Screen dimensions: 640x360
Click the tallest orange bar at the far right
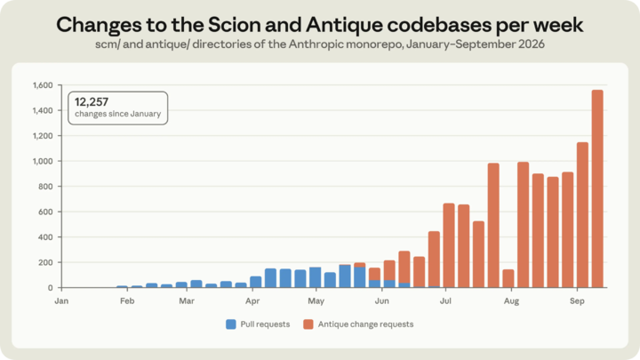point(597,188)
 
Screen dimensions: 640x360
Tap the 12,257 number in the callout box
point(92,101)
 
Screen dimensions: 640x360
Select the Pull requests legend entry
point(258,324)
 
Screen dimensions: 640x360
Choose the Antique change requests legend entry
point(358,324)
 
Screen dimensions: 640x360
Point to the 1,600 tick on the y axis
point(43,85)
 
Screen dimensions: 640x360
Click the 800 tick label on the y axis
point(46,187)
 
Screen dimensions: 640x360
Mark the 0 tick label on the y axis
point(50,288)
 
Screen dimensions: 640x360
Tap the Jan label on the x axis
point(61,301)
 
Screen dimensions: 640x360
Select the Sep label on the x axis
point(577,301)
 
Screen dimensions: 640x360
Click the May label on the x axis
point(316,301)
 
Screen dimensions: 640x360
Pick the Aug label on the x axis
point(511,301)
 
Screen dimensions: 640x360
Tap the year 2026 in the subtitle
point(532,44)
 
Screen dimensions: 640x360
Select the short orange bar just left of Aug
point(508,278)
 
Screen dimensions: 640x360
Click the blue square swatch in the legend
point(231,324)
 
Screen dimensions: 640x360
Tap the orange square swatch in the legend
point(308,324)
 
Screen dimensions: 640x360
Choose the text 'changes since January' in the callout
point(117,114)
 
